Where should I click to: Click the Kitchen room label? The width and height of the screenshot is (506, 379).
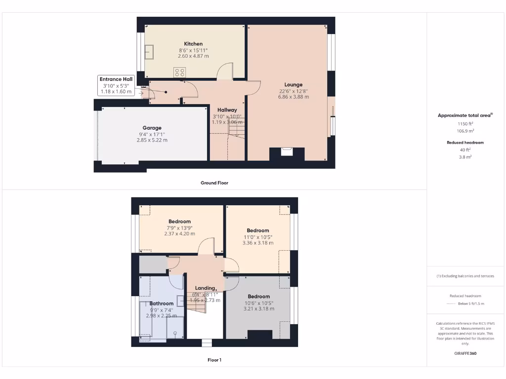(x=193, y=44)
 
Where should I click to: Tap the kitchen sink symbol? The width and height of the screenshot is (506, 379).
(x=149, y=51)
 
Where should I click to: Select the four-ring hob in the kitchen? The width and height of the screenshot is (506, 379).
(x=179, y=72)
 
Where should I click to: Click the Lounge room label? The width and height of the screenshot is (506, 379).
(x=293, y=84)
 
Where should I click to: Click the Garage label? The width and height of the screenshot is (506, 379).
(x=152, y=128)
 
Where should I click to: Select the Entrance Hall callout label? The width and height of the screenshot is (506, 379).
(x=116, y=79)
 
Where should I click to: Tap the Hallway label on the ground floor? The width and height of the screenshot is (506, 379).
(x=227, y=110)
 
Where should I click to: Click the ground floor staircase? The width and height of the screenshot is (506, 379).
(x=236, y=129)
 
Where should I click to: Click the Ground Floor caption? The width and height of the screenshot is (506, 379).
(x=214, y=183)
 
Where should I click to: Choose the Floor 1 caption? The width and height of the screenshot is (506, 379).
(x=214, y=360)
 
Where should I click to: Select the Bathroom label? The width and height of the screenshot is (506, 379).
(x=162, y=303)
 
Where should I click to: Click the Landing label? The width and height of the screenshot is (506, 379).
(x=205, y=288)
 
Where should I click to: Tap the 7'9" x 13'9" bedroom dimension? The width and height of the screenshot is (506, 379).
(x=179, y=228)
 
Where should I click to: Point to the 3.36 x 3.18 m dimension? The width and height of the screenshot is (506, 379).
(x=258, y=243)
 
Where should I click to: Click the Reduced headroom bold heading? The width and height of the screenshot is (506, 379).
(x=465, y=143)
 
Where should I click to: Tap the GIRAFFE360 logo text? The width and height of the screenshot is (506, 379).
(x=465, y=353)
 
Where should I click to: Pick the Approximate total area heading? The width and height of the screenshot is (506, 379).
(x=464, y=115)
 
